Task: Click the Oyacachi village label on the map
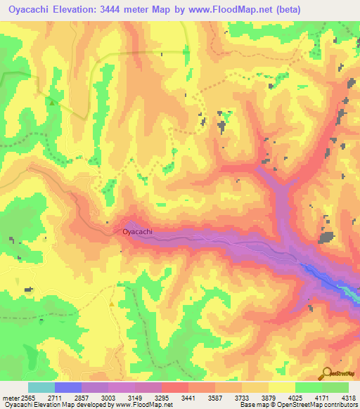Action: (138, 231)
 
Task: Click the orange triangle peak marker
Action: (112, 303)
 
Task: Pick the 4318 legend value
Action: (347, 398)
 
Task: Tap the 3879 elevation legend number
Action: (268, 398)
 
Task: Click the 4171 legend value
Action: (321, 398)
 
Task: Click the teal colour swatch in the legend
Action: (41, 387)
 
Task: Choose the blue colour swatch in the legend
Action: (68, 387)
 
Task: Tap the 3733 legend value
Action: (241, 398)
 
